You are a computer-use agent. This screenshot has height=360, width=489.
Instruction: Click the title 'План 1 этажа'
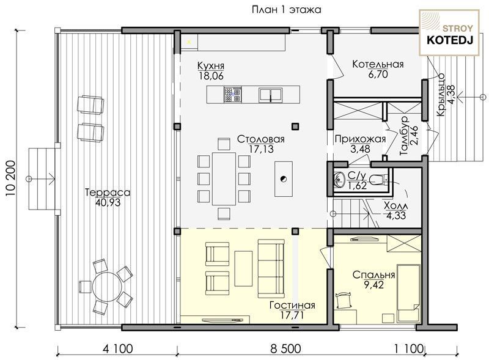click(286, 10)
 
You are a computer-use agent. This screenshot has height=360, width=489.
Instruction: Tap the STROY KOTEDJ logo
click(449, 33)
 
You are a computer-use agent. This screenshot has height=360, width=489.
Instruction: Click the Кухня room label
click(211, 66)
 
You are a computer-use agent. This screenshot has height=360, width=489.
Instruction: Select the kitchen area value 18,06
click(211, 76)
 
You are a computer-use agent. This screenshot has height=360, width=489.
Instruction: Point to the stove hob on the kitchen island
click(233, 95)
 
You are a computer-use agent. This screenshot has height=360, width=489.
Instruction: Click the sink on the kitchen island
click(270, 95)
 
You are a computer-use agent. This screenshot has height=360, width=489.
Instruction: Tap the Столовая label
click(261, 139)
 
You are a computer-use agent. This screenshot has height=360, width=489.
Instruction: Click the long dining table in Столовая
click(224, 178)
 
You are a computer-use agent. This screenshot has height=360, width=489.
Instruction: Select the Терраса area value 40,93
click(108, 203)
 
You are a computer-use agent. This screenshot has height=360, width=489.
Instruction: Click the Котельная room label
click(378, 64)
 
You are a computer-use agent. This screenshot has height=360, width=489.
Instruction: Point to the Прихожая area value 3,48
click(360, 149)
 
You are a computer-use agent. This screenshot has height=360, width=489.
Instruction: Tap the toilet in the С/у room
click(378, 179)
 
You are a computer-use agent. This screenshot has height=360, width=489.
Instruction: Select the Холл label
click(395, 206)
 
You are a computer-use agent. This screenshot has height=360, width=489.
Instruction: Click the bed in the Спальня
click(408, 293)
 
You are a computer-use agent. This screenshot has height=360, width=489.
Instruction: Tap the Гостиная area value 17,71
click(292, 315)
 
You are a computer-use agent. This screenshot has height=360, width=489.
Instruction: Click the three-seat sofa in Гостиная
click(271, 268)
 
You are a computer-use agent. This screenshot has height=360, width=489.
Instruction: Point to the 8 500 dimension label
click(285, 348)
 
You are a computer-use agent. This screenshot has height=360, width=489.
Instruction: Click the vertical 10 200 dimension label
click(10, 178)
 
